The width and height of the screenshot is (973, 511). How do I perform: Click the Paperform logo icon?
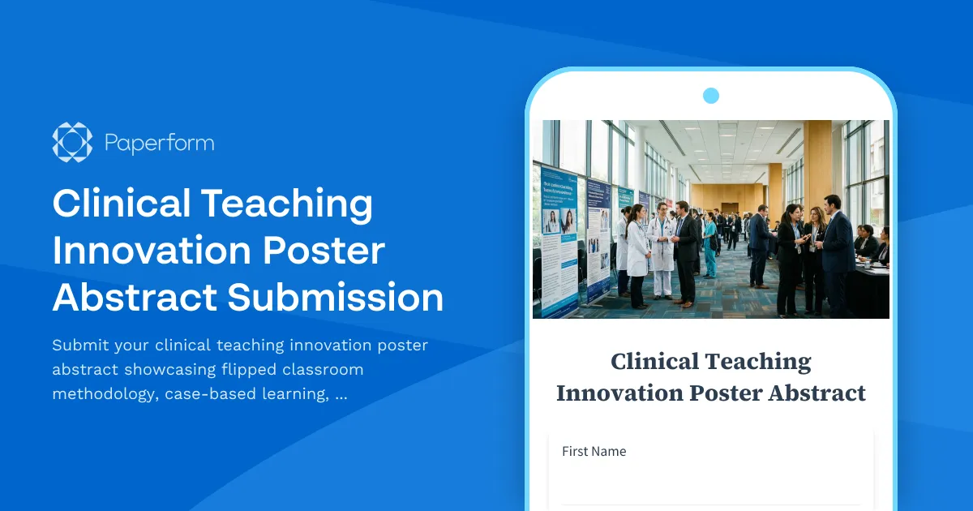pos(72,143)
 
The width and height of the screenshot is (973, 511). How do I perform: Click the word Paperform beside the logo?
pos(160,144)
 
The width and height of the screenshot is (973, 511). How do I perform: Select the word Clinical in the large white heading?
pos(119,204)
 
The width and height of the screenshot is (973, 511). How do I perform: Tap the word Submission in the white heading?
pos(335,297)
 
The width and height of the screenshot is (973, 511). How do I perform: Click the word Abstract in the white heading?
pos(134,297)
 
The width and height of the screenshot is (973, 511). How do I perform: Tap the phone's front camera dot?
pos(711,96)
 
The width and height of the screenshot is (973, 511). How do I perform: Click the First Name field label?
pos(594,451)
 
